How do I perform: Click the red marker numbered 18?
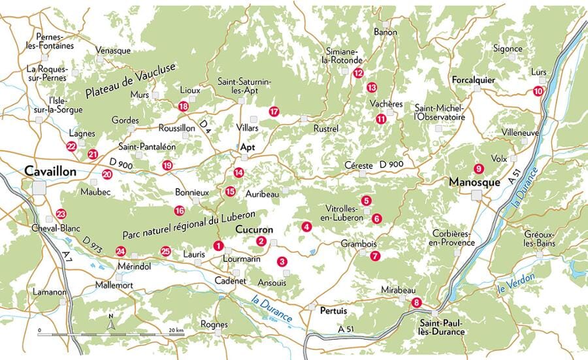(x=183, y=106)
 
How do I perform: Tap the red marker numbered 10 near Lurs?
(x=538, y=91)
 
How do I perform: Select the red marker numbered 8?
(x=417, y=302)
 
